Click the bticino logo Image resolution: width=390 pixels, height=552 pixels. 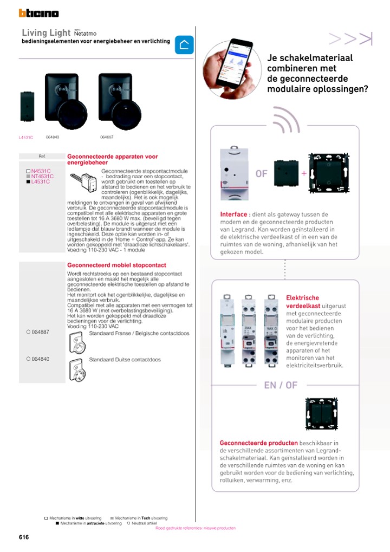(38, 14)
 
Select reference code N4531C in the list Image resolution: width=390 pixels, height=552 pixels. (41, 171)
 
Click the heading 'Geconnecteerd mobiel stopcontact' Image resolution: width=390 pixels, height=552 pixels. (116, 265)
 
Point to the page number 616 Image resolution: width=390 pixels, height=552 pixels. (23, 537)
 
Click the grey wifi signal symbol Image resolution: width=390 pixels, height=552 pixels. (285, 120)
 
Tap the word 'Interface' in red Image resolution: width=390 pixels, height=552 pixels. (235, 214)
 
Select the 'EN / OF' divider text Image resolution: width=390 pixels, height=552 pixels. (281, 385)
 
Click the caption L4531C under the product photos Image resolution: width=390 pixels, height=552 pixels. (25, 138)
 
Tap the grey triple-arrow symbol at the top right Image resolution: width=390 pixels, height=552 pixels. (350, 38)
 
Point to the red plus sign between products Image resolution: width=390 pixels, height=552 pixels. (303, 173)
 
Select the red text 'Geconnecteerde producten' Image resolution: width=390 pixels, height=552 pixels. (258, 443)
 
